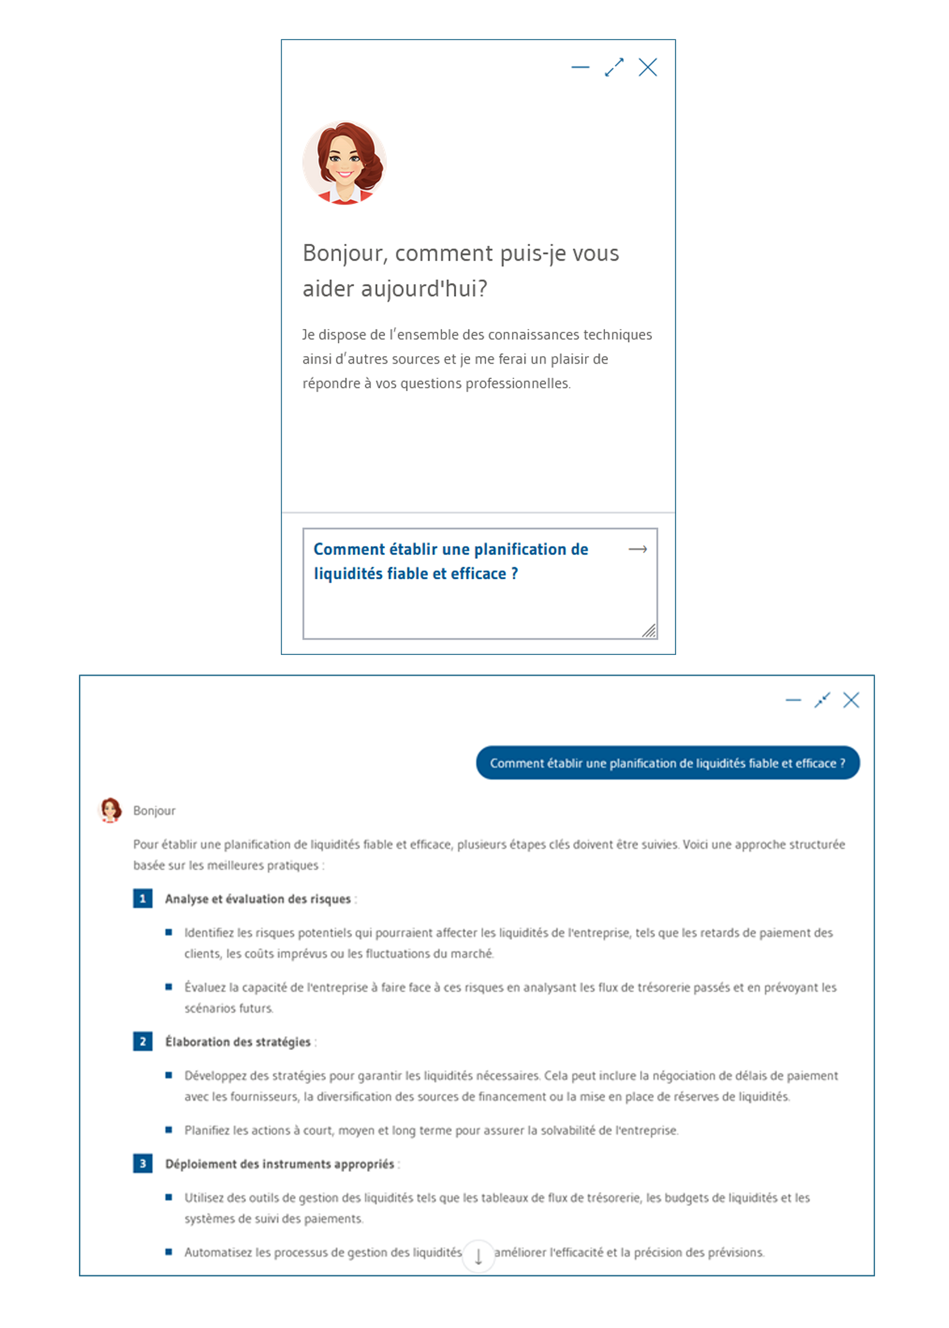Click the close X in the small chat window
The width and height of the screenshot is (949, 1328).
coord(648,67)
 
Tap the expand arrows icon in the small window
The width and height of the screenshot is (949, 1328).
coord(614,67)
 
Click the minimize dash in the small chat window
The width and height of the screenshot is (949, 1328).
coord(580,67)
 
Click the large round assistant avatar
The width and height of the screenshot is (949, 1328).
coord(344,162)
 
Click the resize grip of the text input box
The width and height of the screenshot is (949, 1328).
coord(649,631)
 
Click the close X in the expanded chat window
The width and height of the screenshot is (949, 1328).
coord(851,700)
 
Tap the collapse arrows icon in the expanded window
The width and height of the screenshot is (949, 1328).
coord(822,700)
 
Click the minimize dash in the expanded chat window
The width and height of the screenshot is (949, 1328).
coord(793,700)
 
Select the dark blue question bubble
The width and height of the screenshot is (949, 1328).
coord(667,763)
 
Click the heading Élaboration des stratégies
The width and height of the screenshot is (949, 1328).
coord(238,1042)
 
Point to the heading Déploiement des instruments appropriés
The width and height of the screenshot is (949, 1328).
coord(279,1164)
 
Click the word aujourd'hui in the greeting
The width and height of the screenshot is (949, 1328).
coord(424,288)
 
